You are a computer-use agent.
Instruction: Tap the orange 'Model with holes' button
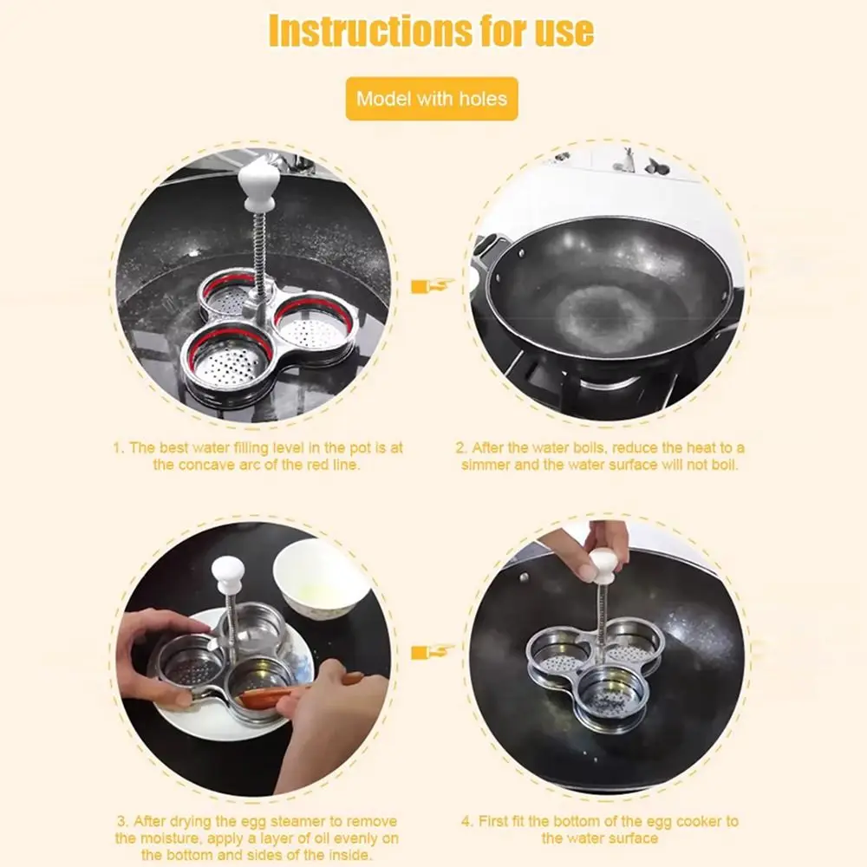coord(431,98)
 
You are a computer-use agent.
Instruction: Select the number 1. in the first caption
coord(119,448)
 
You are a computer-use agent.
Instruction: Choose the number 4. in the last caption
coord(469,821)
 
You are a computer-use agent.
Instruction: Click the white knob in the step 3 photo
coord(229,571)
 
